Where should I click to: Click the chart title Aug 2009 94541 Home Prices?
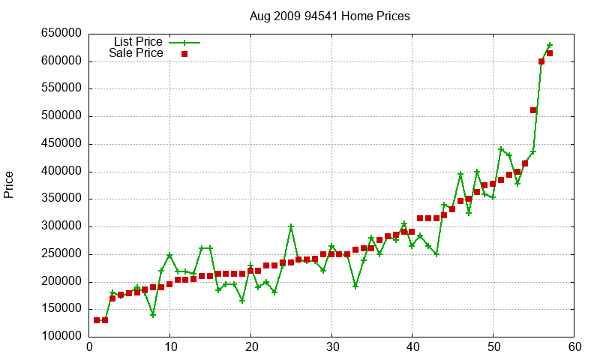point(330,16)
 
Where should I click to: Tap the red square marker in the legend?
point(184,53)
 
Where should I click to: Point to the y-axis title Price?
point(9,184)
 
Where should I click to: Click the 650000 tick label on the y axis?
point(60,34)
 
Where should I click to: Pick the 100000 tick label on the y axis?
point(60,337)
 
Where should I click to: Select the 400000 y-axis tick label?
point(60,172)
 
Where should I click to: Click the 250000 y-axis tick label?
point(60,254)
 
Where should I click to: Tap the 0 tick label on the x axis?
point(89,347)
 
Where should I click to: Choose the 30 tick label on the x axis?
point(331,347)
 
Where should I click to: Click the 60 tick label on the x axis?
point(574,347)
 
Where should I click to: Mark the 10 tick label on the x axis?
point(170,347)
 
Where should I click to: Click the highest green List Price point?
point(550,46)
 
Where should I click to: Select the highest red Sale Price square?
point(550,53)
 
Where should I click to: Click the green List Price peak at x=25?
point(291,226)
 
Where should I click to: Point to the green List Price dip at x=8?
point(153,315)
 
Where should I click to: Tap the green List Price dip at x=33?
point(355,286)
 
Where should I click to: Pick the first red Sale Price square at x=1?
point(97,320)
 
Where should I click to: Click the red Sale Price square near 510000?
point(533,110)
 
